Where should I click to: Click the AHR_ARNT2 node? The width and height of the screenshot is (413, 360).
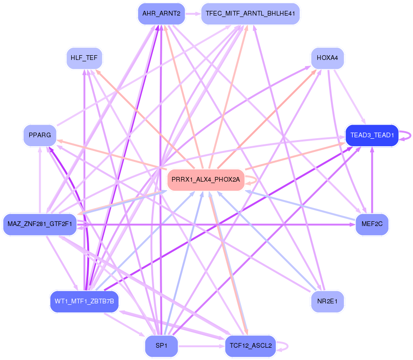[161, 14]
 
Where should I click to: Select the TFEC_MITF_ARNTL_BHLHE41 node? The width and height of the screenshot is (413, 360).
[250, 14]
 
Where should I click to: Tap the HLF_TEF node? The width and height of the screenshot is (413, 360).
[84, 58]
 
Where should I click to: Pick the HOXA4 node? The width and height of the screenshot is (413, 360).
[327, 58]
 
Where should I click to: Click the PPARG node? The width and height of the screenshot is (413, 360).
[40, 135]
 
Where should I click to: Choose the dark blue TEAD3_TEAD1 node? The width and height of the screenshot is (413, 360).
[372, 135]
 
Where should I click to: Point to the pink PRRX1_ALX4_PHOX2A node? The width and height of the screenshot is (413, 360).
[206, 180]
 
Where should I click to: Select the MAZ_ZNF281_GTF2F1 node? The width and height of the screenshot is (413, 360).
[40, 224]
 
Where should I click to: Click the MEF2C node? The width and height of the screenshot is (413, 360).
[372, 224]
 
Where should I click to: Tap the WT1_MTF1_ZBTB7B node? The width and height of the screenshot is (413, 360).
[84, 301]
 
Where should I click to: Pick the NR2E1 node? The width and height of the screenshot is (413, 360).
[327, 301]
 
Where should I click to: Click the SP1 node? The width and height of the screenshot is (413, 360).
[161, 346]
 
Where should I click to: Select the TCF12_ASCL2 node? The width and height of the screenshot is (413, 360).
[250, 346]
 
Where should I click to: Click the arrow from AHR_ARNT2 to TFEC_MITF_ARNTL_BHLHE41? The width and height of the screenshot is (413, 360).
[193, 14]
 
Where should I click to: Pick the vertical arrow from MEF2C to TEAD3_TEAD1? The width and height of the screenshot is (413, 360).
[372, 179]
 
